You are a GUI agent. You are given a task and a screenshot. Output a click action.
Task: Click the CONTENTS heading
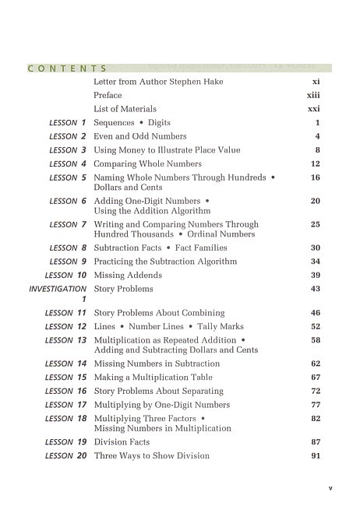click(x=67, y=69)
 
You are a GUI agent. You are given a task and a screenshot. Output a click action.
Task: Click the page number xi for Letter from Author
click(x=316, y=81)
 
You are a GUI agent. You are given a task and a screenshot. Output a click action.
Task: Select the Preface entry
click(x=108, y=95)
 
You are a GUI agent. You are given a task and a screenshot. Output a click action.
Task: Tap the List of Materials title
click(x=125, y=109)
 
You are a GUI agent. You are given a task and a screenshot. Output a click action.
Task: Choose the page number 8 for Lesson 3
click(x=317, y=150)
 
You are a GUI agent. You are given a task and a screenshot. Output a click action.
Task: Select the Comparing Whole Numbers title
click(x=147, y=164)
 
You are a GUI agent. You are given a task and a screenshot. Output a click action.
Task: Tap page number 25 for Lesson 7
click(x=316, y=224)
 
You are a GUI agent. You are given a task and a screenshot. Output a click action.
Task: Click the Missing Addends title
click(x=128, y=276)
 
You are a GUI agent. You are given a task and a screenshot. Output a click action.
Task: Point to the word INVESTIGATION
click(x=58, y=289)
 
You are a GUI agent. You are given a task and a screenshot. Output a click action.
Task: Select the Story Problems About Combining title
click(x=159, y=313)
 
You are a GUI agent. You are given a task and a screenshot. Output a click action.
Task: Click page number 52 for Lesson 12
click(x=316, y=327)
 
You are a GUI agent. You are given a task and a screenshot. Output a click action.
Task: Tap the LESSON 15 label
click(x=65, y=378)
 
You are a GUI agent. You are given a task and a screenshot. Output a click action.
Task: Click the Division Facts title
click(x=122, y=442)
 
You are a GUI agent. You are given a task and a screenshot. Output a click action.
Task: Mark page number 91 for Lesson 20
click(x=316, y=456)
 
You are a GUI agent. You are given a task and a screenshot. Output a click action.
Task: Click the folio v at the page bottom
click(x=330, y=489)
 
